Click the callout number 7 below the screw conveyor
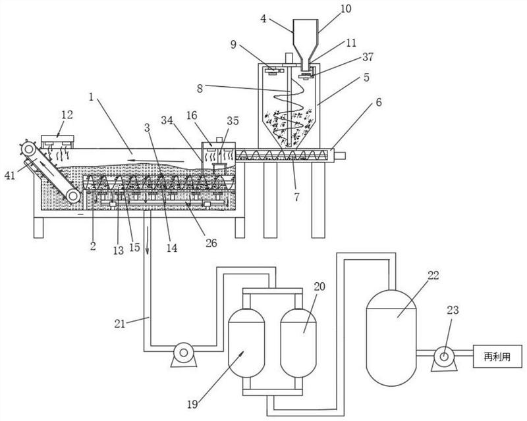point(297,197)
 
